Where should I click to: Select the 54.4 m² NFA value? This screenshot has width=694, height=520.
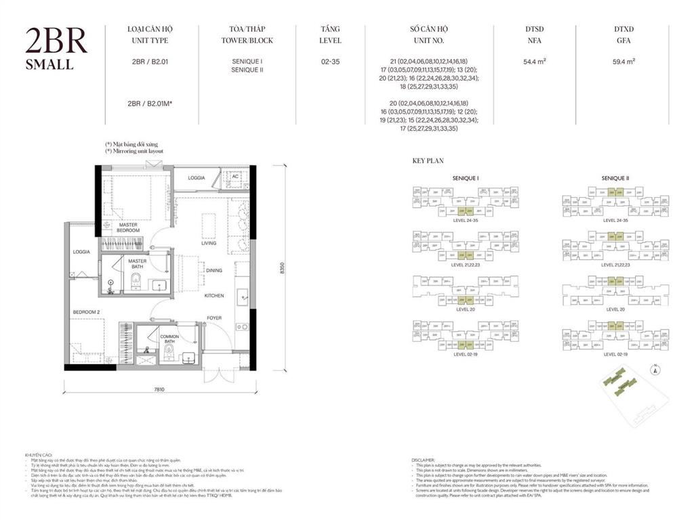tap(535, 62)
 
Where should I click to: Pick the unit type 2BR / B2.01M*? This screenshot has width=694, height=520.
tap(150, 103)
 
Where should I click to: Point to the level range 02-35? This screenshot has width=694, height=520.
tap(331, 62)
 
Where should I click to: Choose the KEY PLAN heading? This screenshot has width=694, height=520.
tap(428, 162)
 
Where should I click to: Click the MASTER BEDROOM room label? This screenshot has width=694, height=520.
tap(129, 227)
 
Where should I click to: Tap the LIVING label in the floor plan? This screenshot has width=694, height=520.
tap(209, 243)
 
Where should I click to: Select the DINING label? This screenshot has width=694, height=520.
tap(214, 271)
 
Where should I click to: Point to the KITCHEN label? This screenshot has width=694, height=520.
tap(214, 296)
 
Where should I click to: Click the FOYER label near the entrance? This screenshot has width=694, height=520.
tap(214, 318)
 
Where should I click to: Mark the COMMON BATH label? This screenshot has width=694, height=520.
tap(169, 339)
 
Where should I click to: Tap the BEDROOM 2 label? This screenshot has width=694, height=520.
tap(87, 312)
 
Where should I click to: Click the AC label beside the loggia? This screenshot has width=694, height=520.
tap(234, 176)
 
